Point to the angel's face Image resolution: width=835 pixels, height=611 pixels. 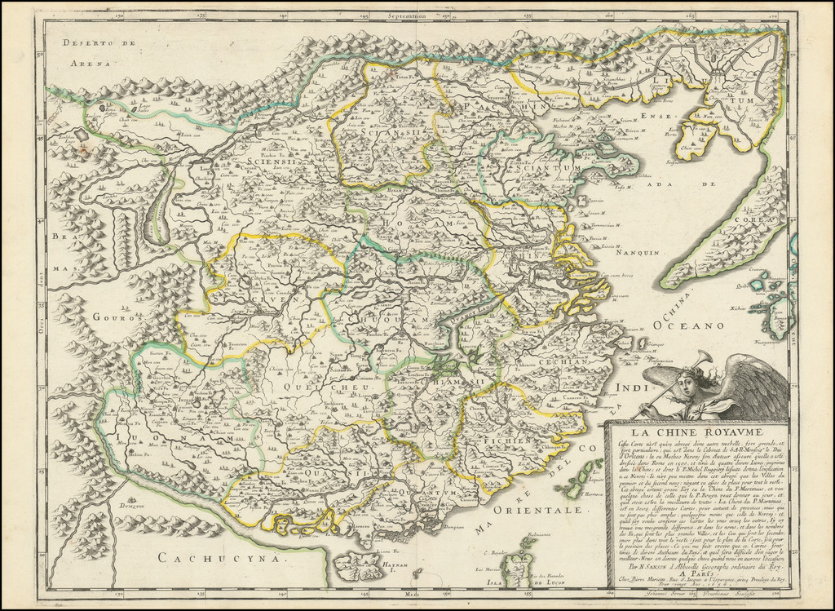[x=687, y=384]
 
